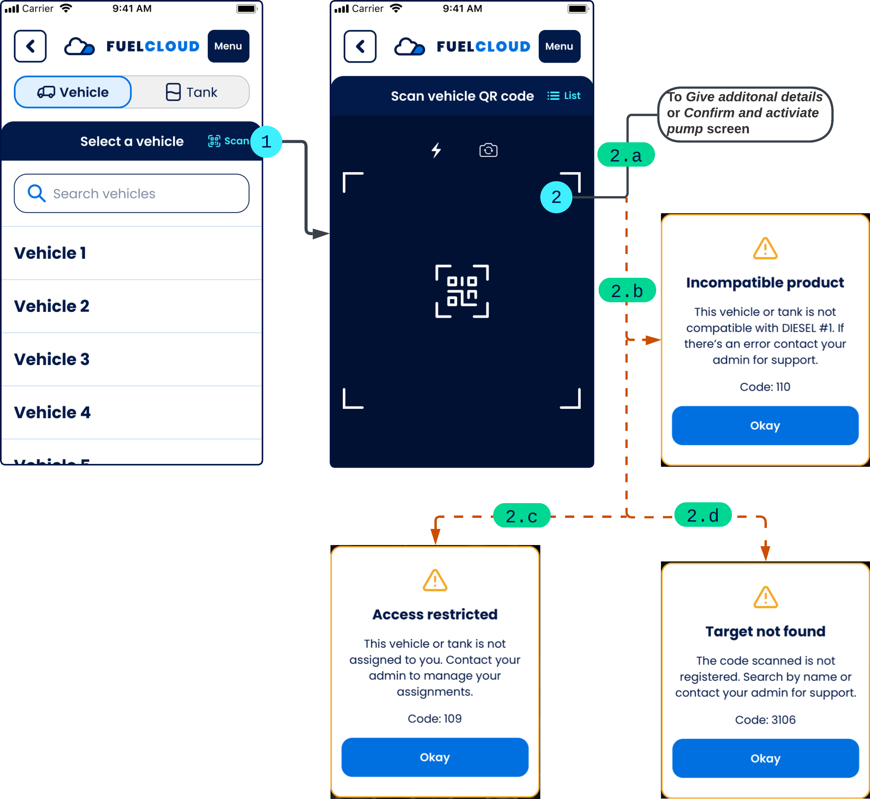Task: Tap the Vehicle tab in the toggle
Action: click(x=73, y=92)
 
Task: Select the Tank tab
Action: click(x=191, y=92)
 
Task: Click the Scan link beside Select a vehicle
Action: click(x=229, y=141)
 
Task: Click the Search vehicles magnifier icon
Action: click(x=36, y=193)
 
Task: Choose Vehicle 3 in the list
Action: click(x=52, y=359)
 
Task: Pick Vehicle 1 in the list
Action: click(x=50, y=253)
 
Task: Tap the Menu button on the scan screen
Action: click(x=559, y=46)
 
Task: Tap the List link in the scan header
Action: click(x=564, y=95)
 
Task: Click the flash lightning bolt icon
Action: click(x=436, y=150)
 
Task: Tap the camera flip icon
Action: click(x=488, y=150)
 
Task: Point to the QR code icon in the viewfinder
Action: click(x=462, y=291)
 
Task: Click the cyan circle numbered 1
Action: click(x=266, y=142)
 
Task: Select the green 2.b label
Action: click(x=627, y=290)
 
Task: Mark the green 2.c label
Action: click(x=522, y=515)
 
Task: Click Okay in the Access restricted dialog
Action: click(x=435, y=757)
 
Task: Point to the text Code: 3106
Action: click(x=765, y=720)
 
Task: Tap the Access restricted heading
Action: click(x=435, y=614)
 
